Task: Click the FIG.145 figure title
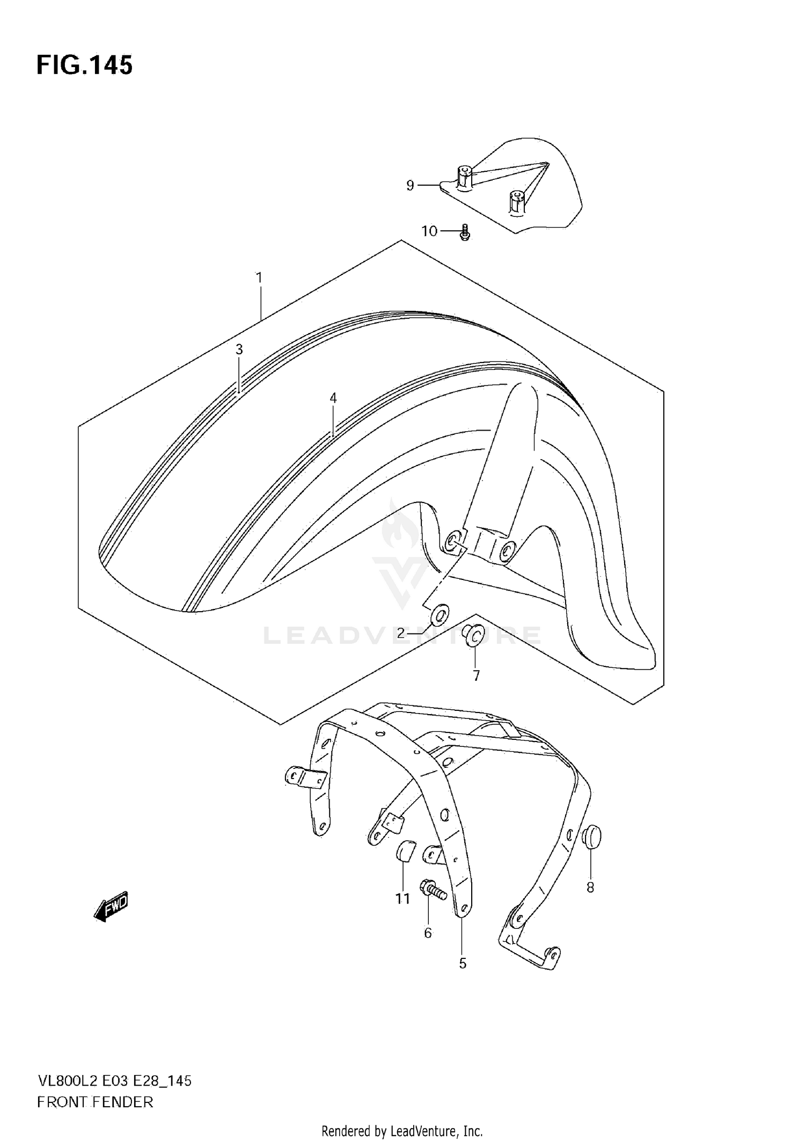84,65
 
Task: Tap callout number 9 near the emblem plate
410,186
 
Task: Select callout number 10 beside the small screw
429,231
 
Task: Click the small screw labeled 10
465,233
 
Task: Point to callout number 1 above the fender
259,278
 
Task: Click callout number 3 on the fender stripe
239,350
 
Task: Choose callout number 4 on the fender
333,398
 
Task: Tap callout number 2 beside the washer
400,634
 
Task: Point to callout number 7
476,675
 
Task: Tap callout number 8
590,888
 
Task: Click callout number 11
402,899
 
